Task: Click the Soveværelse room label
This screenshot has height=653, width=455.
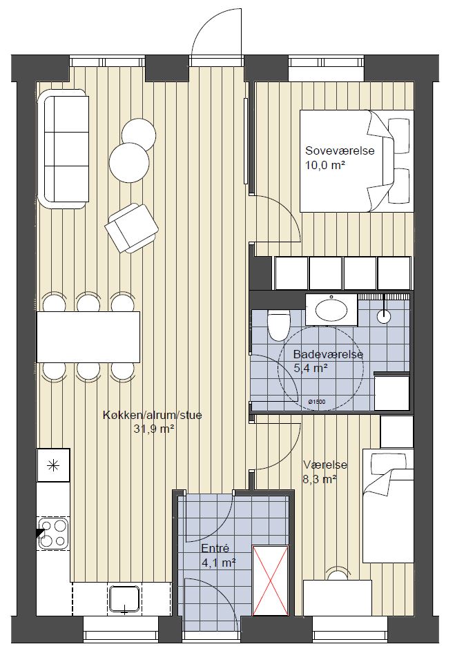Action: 340,150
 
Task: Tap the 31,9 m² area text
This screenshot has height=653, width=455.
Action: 153,429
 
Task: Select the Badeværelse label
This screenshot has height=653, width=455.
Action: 328,354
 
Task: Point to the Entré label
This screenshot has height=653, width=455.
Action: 215,549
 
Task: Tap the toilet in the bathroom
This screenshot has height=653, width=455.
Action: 278,325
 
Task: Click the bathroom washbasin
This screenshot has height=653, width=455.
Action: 331,309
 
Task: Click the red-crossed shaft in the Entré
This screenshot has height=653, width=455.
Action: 271,580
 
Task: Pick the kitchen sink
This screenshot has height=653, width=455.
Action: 124,600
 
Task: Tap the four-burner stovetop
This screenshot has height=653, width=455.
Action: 53,532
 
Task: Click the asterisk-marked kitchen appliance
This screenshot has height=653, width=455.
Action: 53,465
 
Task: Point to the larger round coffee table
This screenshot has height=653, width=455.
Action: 129,163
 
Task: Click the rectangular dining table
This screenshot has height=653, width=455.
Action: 88,337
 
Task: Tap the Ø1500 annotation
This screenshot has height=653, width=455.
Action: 317,402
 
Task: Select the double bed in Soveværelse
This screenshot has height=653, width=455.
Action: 357,161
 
